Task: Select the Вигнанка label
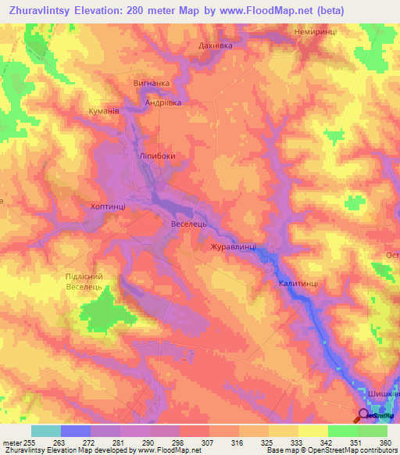150,83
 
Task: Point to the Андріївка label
163,102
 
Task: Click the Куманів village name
104,112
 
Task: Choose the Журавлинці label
233,246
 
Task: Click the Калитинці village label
298,285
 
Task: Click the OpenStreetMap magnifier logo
363,415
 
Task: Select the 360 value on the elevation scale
384,441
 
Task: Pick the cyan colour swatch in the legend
46,430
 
